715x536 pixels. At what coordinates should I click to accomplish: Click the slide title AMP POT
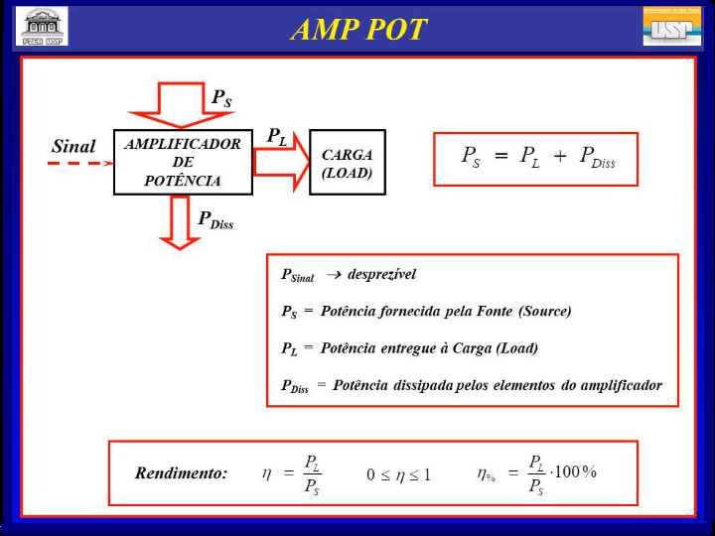coord(358,29)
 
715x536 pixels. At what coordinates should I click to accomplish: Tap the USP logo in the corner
coord(671,26)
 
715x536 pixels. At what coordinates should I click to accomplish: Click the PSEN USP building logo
coord(43,27)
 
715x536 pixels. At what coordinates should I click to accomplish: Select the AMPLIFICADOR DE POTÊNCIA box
coord(183,162)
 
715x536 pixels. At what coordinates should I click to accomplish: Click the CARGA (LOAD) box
coord(347,163)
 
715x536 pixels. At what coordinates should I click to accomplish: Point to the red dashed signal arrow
coord(80,163)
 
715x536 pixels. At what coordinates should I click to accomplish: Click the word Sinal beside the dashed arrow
coord(73,146)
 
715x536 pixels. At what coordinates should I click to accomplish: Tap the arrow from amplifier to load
coord(281,163)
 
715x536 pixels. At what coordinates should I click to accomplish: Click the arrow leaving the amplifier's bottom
coord(180,221)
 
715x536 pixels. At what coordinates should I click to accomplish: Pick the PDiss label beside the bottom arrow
coord(214,220)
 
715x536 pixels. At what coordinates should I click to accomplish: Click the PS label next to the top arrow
coord(221,97)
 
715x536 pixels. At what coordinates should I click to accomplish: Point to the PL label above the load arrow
coord(277,137)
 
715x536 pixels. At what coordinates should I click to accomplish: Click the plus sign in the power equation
coord(560,157)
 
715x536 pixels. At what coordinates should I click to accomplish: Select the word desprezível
coord(381,274)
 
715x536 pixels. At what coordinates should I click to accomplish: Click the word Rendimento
coord(181,472)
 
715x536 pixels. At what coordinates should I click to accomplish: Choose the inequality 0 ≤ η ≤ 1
coord(398,474)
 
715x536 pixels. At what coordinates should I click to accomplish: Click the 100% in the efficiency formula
coord(576,471)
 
